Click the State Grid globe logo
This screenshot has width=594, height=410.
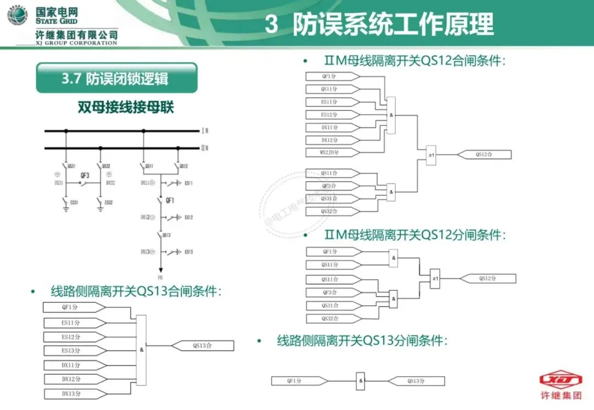click(17, 16)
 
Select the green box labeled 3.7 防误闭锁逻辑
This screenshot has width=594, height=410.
click(116, 79)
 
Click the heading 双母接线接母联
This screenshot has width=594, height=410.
click(126, 107)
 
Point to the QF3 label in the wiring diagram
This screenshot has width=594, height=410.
click(85, 175)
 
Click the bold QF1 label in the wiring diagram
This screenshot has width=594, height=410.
click(171, 201)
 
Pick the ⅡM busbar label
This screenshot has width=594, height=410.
click(205, 148)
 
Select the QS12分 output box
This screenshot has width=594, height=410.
click(486, 279)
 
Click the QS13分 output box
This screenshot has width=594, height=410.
click(416, 380)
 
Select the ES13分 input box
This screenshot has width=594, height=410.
click(72, 351)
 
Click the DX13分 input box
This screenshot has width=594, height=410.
click(72, 394)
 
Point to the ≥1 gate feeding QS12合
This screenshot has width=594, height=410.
click(432, 155)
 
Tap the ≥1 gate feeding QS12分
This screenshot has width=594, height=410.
click(436, 279)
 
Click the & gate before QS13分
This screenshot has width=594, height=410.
click(361, 380)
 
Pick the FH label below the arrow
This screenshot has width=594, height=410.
click(161, 278)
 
